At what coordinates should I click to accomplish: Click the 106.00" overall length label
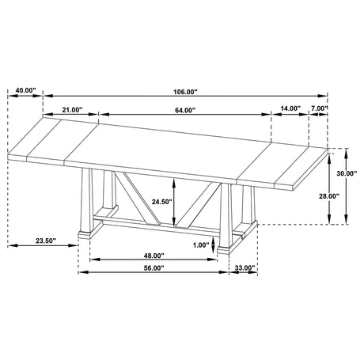coord(185,92)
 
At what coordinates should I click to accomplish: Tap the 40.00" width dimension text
coord(25,90)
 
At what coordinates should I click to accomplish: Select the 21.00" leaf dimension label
coord(72,110)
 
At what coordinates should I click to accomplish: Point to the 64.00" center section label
coord(185,110)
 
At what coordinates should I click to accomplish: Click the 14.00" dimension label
coord(290,108)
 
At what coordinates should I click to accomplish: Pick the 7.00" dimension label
coord(320,108)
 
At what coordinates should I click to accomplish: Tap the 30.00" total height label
coord(347,173)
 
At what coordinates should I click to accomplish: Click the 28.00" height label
coord(329,196)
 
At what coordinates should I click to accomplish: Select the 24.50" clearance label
coord(161,202)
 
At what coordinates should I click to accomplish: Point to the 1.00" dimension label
coord(201,245)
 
